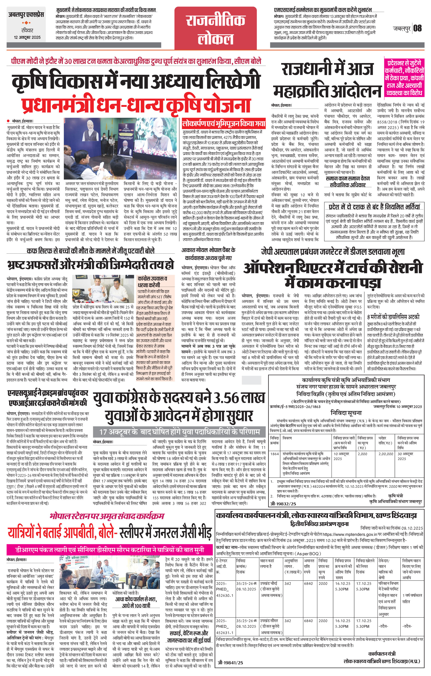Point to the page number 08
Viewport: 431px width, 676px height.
[418, 28]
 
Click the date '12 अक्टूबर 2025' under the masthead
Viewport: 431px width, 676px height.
[27, 37]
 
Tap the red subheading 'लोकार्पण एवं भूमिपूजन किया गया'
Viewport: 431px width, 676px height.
[223, 123]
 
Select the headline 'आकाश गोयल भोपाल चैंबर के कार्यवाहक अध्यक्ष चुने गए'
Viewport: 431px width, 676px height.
[208, 254]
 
